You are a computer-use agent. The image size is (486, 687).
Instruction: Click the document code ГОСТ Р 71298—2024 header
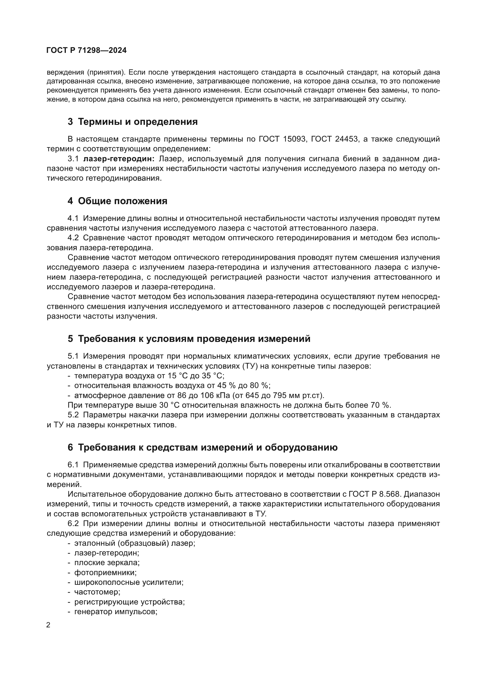86,50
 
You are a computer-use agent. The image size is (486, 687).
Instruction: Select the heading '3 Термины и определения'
133,122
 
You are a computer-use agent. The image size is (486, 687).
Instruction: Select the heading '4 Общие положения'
117,201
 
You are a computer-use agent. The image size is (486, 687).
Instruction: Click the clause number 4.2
73,238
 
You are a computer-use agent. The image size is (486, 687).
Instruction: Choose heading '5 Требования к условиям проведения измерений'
189,339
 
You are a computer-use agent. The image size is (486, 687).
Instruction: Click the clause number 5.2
73,415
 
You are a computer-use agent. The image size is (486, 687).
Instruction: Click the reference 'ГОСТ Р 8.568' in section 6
408,494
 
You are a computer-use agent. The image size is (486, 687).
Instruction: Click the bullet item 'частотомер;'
97,592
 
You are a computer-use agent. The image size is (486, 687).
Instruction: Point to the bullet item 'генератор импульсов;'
115,612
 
